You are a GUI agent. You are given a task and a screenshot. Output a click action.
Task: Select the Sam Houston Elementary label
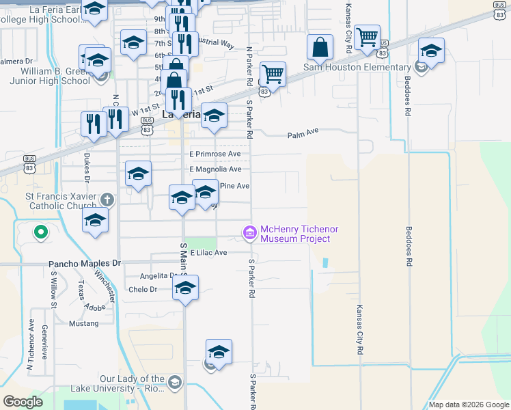click(357, 67)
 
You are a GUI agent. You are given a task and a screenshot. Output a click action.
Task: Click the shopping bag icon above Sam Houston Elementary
click(320, 48)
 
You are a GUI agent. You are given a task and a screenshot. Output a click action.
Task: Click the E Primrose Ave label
click(215, 154)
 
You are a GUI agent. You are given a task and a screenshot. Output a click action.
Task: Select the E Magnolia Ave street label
click(216, 169)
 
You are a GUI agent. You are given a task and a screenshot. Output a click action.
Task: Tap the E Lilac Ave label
click(208, 252)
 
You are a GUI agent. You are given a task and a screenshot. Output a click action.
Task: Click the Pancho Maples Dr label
click(84, 263)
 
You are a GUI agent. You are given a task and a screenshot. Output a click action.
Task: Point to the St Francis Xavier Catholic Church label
click(52, 204)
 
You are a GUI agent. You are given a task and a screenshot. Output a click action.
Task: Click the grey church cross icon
click(106, 200)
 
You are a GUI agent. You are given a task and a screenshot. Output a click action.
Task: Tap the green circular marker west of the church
click(40, 232)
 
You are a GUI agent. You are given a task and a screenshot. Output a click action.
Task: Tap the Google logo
click(23, 402)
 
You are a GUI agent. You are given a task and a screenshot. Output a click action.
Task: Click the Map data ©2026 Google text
click(469, 405)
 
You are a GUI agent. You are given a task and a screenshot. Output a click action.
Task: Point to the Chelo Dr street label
click(143, 289)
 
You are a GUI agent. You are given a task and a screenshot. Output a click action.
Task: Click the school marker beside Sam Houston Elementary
click(431, 52)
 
